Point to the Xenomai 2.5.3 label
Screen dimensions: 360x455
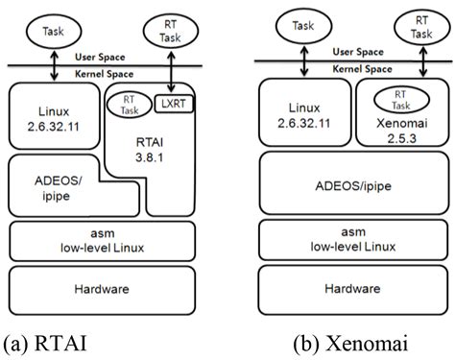(395, 128)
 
